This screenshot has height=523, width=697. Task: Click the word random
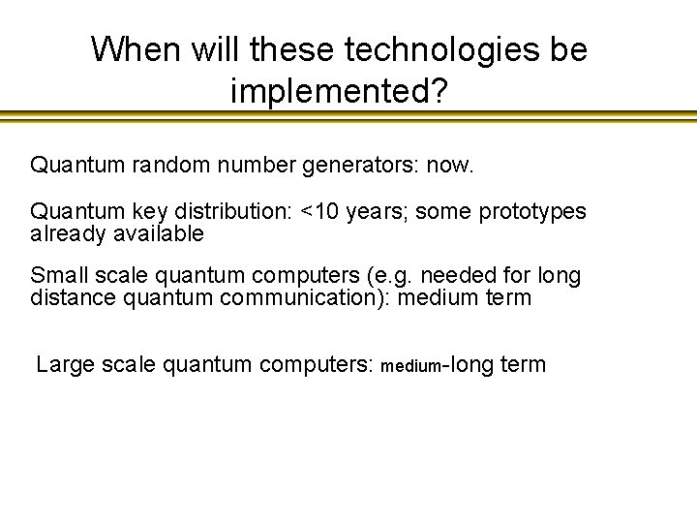coord(173,166)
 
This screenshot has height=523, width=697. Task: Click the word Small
coord(59,276)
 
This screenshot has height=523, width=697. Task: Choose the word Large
coord(64,365)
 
